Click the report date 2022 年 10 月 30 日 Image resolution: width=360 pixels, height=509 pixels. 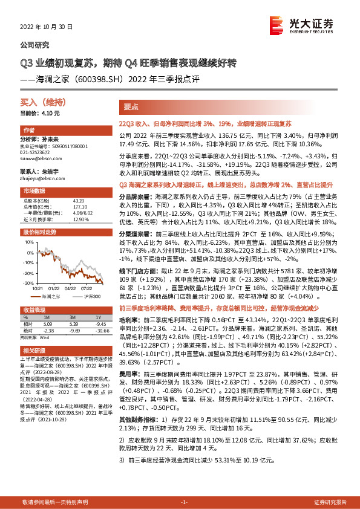click(46, 27)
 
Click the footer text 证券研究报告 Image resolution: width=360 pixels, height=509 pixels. click(330, 502)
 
